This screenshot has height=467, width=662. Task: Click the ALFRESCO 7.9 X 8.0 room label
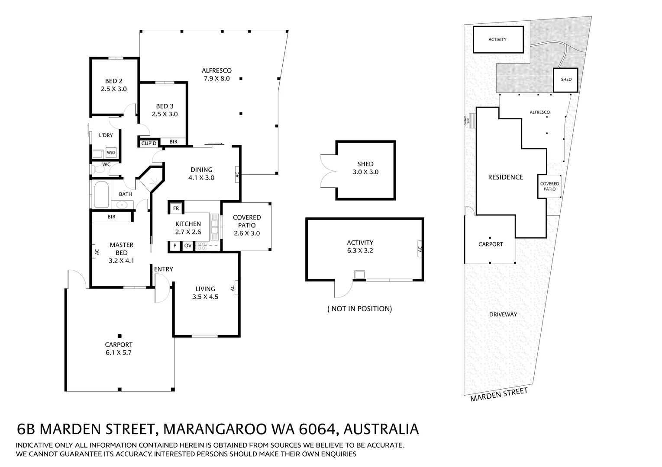click(216, 74)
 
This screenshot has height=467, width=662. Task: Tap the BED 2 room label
click(114, 81)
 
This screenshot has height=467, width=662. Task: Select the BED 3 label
click(165, 106)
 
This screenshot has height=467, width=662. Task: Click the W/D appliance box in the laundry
click(111, 153)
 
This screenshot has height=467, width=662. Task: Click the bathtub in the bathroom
click(101, 195)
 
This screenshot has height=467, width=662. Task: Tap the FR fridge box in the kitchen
click(176, 208)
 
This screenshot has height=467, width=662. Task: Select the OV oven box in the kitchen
click(187, 246)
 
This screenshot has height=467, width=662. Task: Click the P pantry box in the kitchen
click(175, 246)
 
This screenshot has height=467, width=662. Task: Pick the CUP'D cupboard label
click(149, 144)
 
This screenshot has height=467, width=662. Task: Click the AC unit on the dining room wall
click(237, 174)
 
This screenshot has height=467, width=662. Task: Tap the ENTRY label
click(163, 269)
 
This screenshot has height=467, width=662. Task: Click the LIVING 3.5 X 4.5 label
click(205, 293)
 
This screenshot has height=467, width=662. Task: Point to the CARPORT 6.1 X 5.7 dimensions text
click(119, 352)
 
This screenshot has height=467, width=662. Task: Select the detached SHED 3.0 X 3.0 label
click(365, 168)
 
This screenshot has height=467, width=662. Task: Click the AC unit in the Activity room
click(420, 249)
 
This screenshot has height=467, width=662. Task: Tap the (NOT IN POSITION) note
click(360, 309)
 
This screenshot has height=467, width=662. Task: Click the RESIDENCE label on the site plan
click(505, 177)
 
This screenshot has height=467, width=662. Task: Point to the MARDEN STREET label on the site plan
click(499, 395)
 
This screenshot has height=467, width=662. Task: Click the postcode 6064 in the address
click(319, 429)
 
